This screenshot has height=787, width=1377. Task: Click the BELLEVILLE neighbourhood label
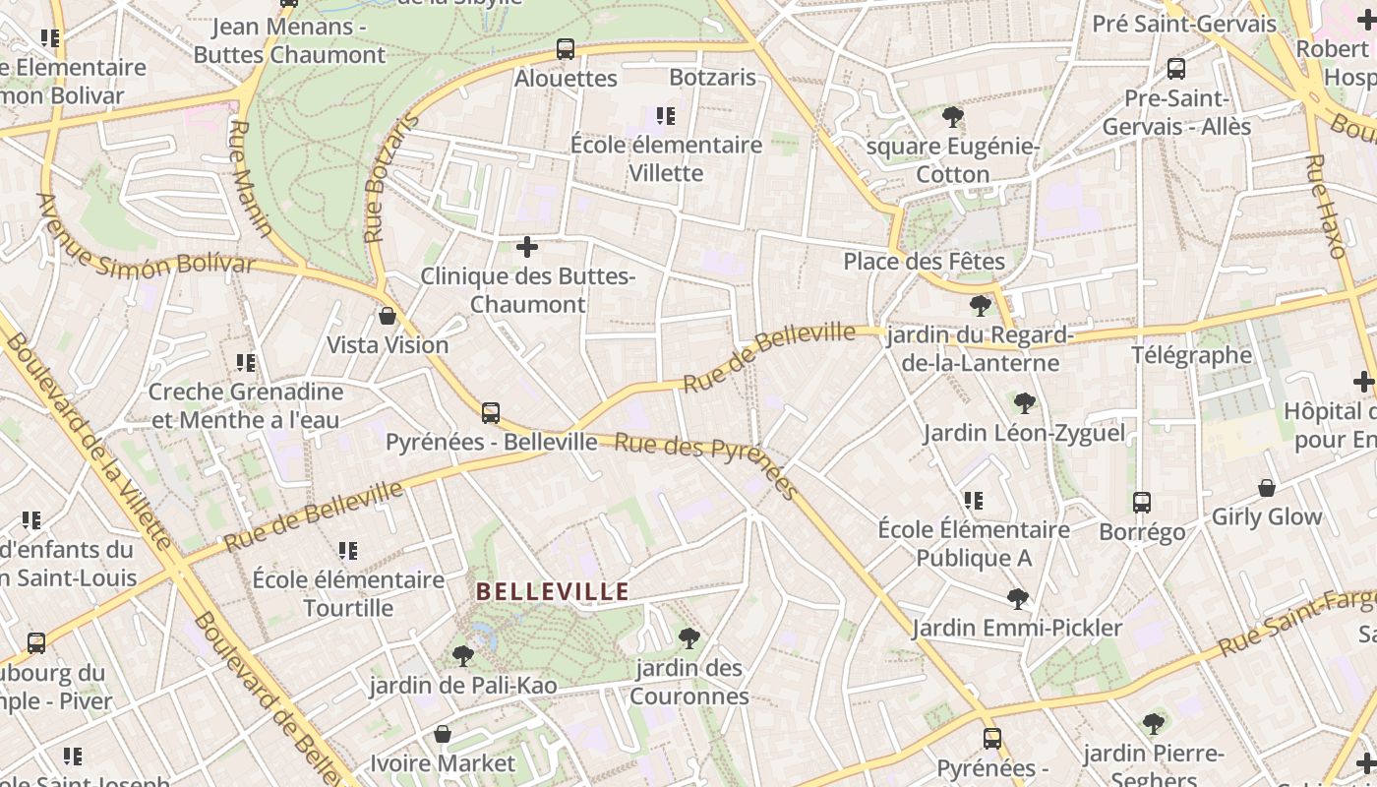[x=553, y=592]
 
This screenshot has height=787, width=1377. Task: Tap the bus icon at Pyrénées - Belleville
[x=490, y=413]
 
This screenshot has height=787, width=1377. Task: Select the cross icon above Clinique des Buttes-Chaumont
[x=527, y=246]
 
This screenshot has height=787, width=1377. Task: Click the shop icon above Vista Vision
[x=388, y=316]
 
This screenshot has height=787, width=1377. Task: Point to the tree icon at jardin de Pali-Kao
[x=462, y=656]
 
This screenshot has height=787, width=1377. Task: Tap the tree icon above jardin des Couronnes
[x=688, y=638]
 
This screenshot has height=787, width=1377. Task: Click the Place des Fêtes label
[x=924, y=262]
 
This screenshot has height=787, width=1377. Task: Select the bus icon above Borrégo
[x=1141, y=503]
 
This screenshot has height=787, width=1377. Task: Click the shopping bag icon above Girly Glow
[x=1267, y=488]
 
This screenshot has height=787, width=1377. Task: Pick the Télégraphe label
[x=1191, y=355]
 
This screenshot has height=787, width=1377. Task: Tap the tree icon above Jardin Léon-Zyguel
[x=1024, y=402]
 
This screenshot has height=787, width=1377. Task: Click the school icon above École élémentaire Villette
[x=666, y=116]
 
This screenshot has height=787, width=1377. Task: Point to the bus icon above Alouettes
[x=565, y=49]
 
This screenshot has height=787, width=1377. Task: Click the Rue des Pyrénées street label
[x=705, y=465]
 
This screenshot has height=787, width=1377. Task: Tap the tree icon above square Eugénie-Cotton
[x=952, y=118]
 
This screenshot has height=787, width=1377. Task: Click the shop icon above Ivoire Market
[x=443, y=734]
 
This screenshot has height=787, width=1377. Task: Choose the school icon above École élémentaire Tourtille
[x=347, y=551]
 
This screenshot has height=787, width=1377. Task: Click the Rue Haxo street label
[x=1325, y=207]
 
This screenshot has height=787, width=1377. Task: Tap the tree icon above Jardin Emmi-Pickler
[x=1017, y=598]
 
